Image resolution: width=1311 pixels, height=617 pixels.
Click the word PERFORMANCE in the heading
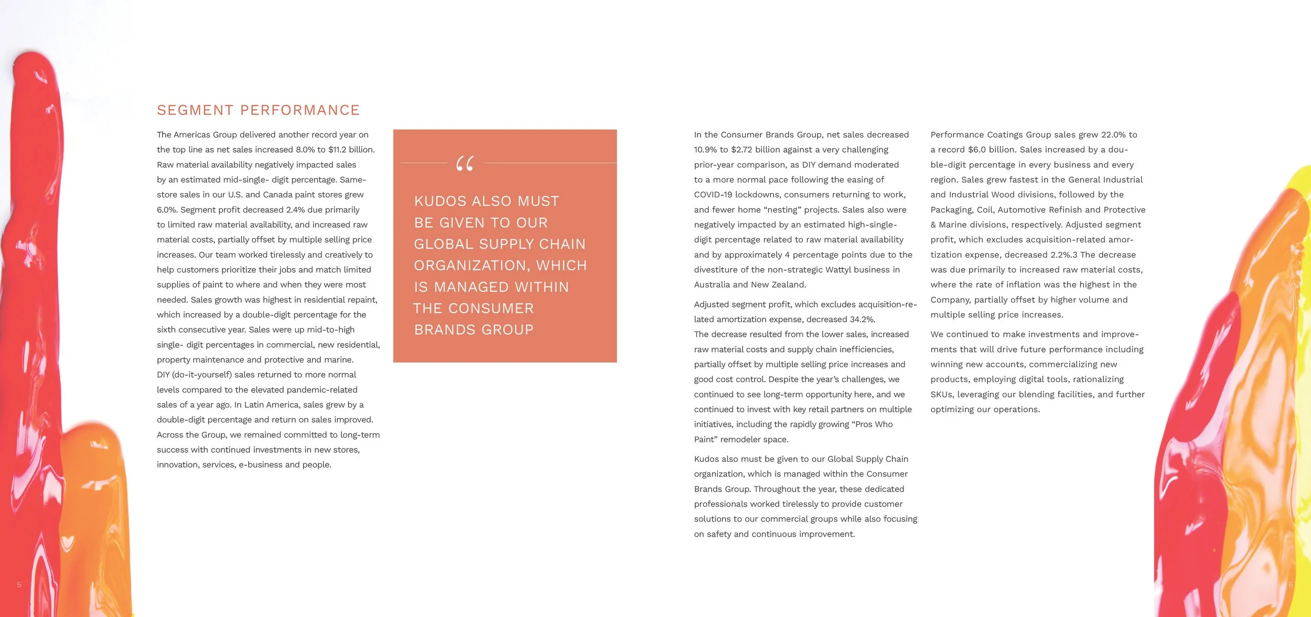click(x=300, y=110)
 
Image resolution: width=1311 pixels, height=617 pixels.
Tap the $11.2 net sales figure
click(x=339, y=150)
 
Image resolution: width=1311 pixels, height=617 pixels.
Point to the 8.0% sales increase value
click(x=305, y=150)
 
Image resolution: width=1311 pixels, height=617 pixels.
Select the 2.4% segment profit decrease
click(x=295, y=210)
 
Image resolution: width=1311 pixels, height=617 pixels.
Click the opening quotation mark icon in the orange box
click(x=465, y=164)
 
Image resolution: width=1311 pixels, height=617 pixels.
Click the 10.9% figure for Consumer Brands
click(x=705, y=150)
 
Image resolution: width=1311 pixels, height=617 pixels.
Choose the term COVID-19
click(x=713, y=195)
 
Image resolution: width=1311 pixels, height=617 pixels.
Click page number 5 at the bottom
click(x=19, y=584)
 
